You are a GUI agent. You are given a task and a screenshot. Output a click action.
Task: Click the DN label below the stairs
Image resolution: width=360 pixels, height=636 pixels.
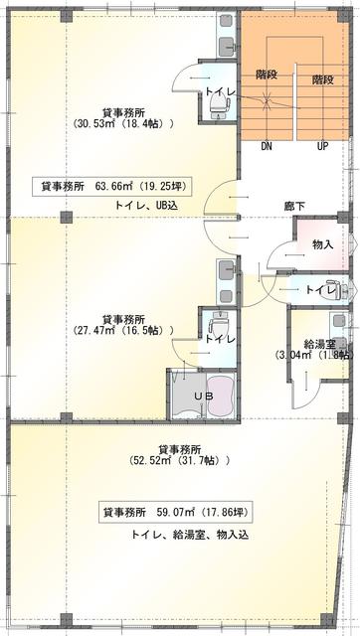coord(267,146)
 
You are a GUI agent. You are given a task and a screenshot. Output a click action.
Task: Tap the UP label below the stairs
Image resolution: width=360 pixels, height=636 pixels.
coord(322,146)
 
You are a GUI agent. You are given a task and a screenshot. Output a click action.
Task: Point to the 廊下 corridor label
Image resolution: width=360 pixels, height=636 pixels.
coord(294,208)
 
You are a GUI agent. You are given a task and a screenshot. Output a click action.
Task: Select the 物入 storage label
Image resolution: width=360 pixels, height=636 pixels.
coord(322,244)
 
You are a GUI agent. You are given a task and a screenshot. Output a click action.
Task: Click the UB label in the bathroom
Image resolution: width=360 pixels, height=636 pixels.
coord(203,396)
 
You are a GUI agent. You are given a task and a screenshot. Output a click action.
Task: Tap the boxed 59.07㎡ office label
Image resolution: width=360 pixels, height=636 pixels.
coord(179,515)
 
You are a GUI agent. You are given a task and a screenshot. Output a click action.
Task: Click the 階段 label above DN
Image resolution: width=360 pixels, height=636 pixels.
coord(267,75)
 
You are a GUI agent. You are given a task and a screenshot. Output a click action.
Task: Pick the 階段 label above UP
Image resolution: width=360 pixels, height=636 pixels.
coord(322,79)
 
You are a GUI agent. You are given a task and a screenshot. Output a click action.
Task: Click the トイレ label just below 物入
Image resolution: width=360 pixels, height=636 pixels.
coord(318,290)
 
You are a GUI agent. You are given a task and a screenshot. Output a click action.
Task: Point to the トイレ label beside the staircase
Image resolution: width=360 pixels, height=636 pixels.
coord(220,91)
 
